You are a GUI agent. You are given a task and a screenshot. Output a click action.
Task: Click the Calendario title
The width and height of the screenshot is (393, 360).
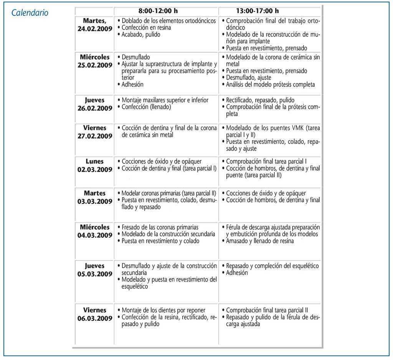(x=30, y=13)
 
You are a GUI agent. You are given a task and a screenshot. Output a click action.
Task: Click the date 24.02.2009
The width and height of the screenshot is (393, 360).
(x=95, y=29)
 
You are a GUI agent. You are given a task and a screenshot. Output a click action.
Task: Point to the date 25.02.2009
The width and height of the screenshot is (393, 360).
(x=95, y=65)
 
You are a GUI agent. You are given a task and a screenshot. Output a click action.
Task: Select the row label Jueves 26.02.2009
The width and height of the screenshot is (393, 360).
(x=95, y=104)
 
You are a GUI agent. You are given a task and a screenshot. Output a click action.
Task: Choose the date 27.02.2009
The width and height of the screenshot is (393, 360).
(x=95, y=136)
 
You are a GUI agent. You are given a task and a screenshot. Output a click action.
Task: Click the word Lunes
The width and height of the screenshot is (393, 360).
(x=95, y=162)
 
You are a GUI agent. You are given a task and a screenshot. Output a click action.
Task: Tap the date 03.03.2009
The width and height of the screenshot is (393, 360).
(x=95, y=201)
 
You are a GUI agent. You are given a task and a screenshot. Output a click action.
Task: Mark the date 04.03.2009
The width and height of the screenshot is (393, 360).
(x=95, y=236)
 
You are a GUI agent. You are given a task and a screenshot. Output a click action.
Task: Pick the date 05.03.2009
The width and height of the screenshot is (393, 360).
(x=95, y=274)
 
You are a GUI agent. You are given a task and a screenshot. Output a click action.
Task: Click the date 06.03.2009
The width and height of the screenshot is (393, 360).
(x=95, y=318)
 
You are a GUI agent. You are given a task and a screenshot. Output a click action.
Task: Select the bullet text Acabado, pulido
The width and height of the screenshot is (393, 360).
(x=141, y=35)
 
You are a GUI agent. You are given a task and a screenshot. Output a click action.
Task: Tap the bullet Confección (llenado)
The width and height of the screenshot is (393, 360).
(x=146, y=107)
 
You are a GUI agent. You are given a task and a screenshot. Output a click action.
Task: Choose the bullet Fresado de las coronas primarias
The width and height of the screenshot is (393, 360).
(x=160, y=227)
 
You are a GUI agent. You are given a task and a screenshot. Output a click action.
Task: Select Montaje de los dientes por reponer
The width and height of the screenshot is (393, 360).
(x=163, y=310)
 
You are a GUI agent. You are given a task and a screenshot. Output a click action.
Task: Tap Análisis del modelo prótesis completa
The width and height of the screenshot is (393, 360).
(x=270, y=85)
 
